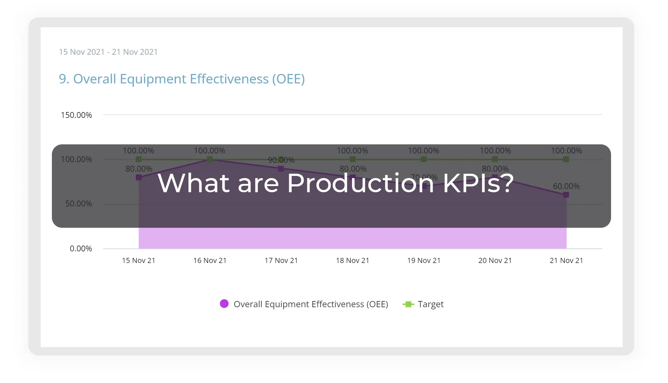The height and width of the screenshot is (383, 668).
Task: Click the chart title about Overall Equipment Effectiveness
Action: [181, 79]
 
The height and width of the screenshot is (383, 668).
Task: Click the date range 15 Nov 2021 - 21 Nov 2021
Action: [108, 52]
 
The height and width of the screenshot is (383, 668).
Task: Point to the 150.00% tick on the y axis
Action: [76, 115]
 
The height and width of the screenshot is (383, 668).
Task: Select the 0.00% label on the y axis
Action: [81, 248]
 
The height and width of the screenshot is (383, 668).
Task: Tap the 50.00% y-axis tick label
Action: [78, 203]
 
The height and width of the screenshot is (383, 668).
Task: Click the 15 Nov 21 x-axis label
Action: [138, 260]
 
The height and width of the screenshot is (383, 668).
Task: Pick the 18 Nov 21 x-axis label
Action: [352, 260]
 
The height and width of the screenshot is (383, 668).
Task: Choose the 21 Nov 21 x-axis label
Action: [566, 260]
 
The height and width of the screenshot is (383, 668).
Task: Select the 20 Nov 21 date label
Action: [495, 260]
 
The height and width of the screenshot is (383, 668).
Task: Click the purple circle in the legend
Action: [224, 304]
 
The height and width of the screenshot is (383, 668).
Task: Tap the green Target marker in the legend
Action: [408, 304]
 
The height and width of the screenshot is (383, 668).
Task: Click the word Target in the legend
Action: [430, 304]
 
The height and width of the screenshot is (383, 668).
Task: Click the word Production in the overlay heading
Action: [360, 183]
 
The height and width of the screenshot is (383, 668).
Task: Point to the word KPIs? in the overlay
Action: [478, 183]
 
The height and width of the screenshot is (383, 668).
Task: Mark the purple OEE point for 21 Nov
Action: [566, 195]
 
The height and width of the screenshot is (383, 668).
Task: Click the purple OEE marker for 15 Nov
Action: [139, 177]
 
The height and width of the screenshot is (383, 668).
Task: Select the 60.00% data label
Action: [566, 186]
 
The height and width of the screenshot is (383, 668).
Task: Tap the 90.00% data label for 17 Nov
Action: [281, 160]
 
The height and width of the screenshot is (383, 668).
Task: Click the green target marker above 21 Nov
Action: [566, 159]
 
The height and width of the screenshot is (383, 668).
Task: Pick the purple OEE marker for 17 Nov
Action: [281, 169]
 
